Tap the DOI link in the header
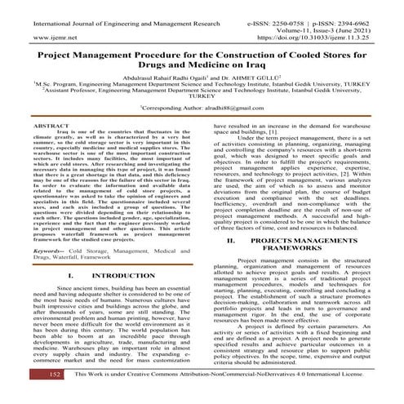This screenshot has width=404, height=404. (x=325, y=38)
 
